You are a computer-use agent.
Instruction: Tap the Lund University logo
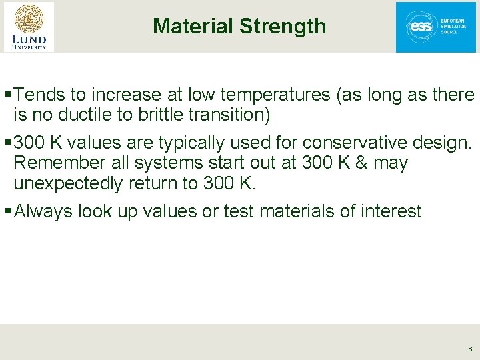[x=29, y=27]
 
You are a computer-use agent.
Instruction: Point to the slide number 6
[x=470, y=349]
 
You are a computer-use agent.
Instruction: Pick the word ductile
[x=86, y=115]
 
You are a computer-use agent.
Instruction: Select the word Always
[x=43, y=211]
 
